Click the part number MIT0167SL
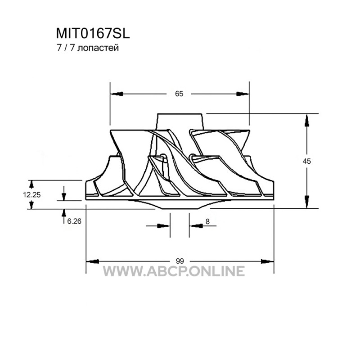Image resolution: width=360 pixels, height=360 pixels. click(x=94, y=34)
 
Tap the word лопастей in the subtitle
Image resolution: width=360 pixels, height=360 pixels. click(x=98, y=48)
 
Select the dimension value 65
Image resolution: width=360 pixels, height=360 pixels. click(x=179, y=94)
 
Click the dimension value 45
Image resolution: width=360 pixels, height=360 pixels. click(x=307, y=161)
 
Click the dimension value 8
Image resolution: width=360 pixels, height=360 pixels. click(x=207, y=221)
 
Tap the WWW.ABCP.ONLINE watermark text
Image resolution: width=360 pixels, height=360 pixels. click(x=174, y=271)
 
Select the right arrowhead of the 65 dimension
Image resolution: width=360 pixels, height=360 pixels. click(x=243, y=94)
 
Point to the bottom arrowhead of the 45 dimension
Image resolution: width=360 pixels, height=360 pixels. click(x=307, y=202)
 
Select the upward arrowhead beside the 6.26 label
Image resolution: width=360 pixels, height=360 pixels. click(x=63, y=214)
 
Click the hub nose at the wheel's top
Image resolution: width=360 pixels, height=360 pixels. click(x=179, y=121)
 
